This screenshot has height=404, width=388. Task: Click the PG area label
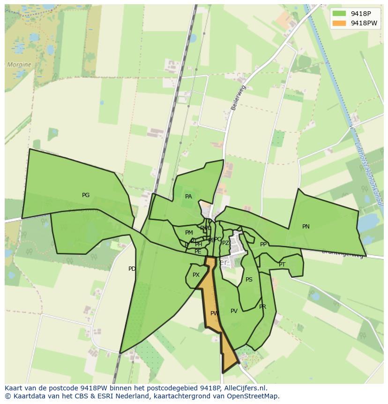86,195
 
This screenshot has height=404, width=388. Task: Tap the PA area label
188,197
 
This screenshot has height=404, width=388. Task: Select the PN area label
306,227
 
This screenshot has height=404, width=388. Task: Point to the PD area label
132,269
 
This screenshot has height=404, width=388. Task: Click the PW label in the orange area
215,313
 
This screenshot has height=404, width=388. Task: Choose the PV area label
234,311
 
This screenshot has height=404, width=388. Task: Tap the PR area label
262,307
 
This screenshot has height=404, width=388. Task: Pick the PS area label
249,280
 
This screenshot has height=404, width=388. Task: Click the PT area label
282,265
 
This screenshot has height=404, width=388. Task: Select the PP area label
263,244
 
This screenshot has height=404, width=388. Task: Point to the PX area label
196,275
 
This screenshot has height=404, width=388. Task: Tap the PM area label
189,233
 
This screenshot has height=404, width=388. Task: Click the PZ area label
225,243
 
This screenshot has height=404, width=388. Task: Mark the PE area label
198,252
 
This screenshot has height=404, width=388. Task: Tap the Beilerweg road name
238,98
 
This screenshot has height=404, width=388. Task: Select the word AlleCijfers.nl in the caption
245,388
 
